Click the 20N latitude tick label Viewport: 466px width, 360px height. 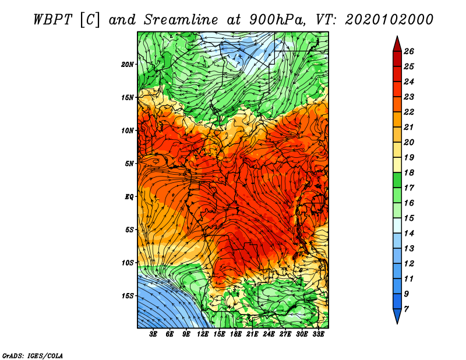[128, 65]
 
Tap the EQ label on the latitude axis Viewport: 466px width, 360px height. [129, 197]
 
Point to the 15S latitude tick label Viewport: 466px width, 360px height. [128, 296]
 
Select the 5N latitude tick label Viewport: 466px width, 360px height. [129, 164]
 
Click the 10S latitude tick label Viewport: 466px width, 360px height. [128, 263]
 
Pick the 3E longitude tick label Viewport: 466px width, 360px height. [153, 334]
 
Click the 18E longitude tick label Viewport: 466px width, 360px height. [236, 334]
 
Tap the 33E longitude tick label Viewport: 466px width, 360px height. [318, 334]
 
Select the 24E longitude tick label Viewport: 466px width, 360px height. [269, 334]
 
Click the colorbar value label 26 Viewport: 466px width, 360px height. [409, 51]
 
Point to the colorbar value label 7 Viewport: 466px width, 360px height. [406, 309]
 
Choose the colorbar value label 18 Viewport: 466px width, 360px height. [409, 172]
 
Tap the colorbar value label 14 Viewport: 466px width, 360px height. [409, 234]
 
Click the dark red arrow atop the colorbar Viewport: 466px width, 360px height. [397, 44]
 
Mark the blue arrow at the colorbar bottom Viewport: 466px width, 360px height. [397, 316]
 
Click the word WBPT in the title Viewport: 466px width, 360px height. [52, 20]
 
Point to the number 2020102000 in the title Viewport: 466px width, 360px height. [389, 20]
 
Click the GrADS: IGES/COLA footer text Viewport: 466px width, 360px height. [33, 356]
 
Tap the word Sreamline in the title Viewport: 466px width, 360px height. [181, 20]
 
